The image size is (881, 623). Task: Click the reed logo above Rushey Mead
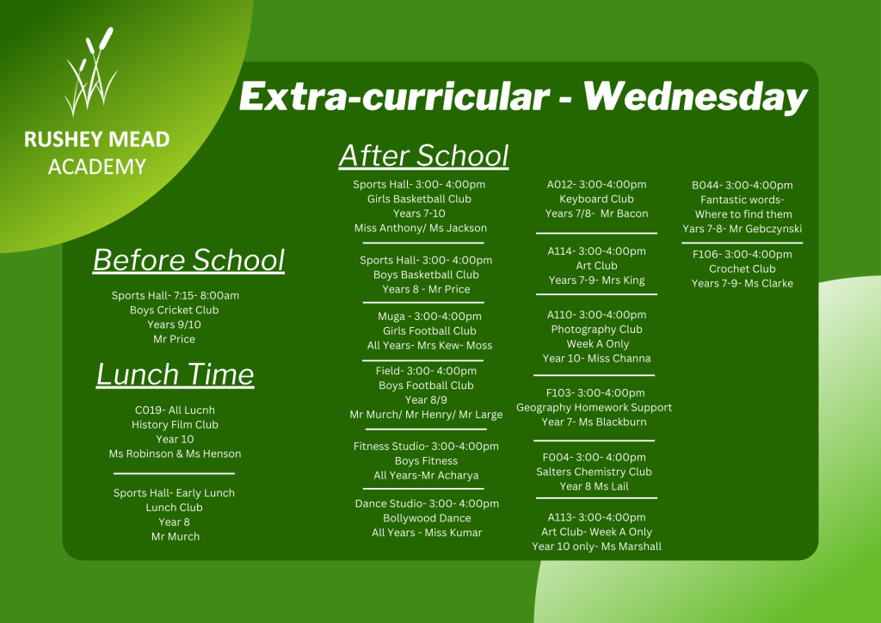click(90, 71)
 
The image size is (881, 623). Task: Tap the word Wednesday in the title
click(695, 96)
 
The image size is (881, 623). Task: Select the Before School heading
click(188, 260)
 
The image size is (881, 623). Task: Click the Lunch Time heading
click(175, 374)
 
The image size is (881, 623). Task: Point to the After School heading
click(423, 156)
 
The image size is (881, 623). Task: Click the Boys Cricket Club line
click(174, 310)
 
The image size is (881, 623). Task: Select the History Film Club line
click(175, 425)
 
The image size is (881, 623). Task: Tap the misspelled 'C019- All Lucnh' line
click(175, 410)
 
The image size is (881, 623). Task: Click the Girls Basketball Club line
click(419, 199)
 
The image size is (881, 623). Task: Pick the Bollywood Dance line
click(427, 518)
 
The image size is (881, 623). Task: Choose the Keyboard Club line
click(597, 199)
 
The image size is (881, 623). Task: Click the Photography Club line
click(597, 330)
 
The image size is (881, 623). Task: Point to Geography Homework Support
click(594, 407)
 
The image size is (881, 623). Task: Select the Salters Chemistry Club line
click(594, 472)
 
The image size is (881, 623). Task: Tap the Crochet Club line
click(742, 268)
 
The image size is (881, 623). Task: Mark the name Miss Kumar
click(453, 533)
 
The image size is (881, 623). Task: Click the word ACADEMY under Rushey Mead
click(97, 167)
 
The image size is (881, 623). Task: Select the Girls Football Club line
click(429, 331)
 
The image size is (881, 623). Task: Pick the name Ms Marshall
click(631, 546)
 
